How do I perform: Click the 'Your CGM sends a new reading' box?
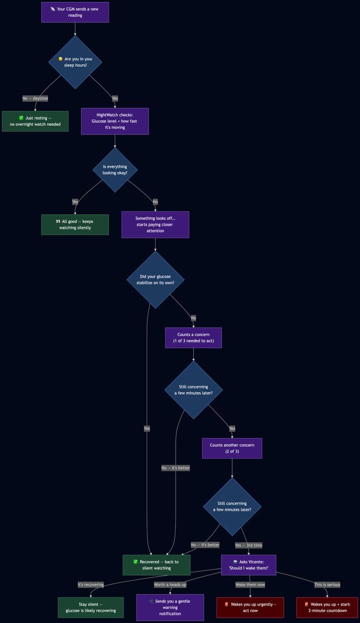[x=75, y=12]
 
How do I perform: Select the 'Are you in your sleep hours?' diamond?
[x=75, y=62]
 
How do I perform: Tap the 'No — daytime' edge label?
[x=35, y=98]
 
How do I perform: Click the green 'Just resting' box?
[x=36, y=121]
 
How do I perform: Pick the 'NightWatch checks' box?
[x=115, y=121]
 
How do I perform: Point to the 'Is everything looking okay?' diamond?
[x=115, y=170]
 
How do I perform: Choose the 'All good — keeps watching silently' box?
[x=75, y=224]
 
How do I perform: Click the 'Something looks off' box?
[x=155, y=224]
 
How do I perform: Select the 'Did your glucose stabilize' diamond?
[x=155, y=279]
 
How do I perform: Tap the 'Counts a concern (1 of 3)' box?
[x=194, y=338]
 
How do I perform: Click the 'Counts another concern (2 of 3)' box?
[x=232, y=448]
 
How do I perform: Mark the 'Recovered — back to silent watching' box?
[x=157, y=565]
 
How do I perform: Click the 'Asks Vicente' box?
[x=249, y=565]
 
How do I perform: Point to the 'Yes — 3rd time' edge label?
[x=249, y=545]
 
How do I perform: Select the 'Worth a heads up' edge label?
[x=170, y=585]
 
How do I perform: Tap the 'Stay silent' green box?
[x=91, y=607]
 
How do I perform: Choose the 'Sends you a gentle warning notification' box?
[x=170, y=607]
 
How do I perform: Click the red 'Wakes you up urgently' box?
[x=250, y=607]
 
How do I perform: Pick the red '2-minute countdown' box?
[x=327, y=607]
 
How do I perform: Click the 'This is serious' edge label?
[x=327, y=585]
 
